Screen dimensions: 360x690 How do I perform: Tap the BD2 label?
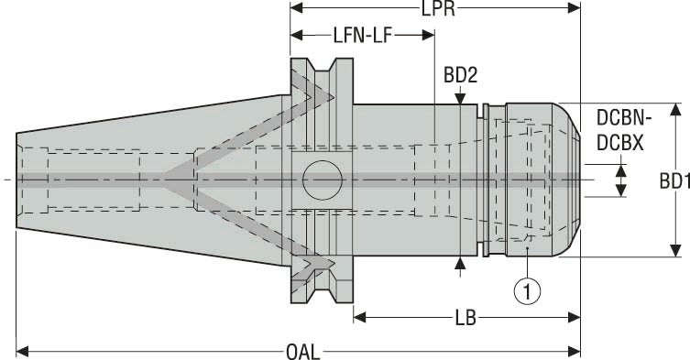coord(461,72)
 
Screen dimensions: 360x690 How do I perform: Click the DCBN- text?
coord(625,117)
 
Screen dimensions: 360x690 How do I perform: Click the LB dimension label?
coord(465,318)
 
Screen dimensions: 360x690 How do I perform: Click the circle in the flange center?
coord(322,178)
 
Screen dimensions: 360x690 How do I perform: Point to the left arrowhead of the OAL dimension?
coord(23,350)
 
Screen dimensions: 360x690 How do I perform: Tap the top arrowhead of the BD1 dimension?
coord(674,110)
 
